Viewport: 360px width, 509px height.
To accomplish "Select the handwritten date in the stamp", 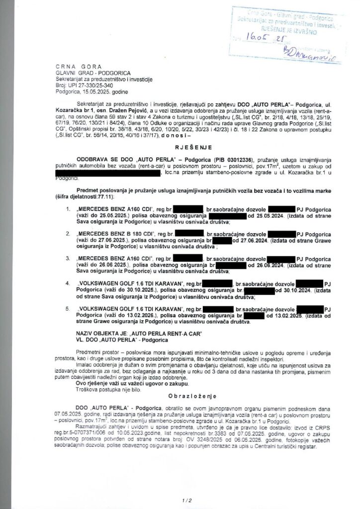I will (270, 37).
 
